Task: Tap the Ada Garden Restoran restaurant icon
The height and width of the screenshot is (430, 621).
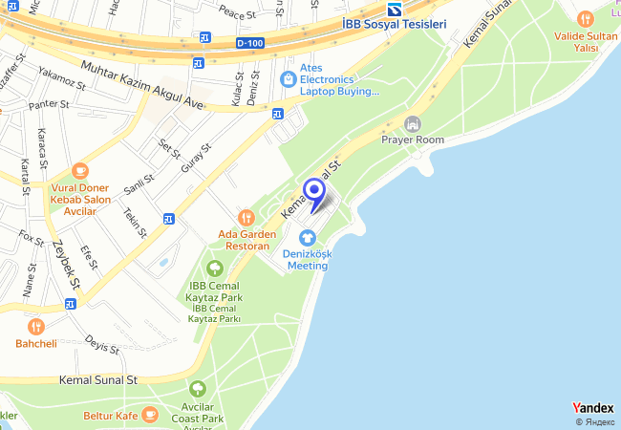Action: click(246, 218)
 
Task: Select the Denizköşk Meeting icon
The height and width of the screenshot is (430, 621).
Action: click(307, 237)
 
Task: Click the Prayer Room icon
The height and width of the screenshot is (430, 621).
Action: click(413, 124)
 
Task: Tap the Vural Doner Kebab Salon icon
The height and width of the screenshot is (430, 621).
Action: click(79, 171)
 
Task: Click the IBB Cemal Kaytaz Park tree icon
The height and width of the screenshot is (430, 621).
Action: click(215, 269)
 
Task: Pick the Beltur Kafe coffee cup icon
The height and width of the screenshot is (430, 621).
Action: click(149, 414)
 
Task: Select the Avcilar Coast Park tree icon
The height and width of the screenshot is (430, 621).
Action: click(197, 389)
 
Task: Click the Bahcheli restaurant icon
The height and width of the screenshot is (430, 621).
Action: click(36, 326)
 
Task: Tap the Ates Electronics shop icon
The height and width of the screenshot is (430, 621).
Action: click(287, 78)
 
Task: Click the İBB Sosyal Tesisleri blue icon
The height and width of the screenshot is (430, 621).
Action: click(393, 9)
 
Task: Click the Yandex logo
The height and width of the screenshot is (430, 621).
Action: click(592, 408)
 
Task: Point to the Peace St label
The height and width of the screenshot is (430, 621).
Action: click(238, 14)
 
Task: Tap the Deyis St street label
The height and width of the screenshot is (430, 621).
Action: click(100, 343)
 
